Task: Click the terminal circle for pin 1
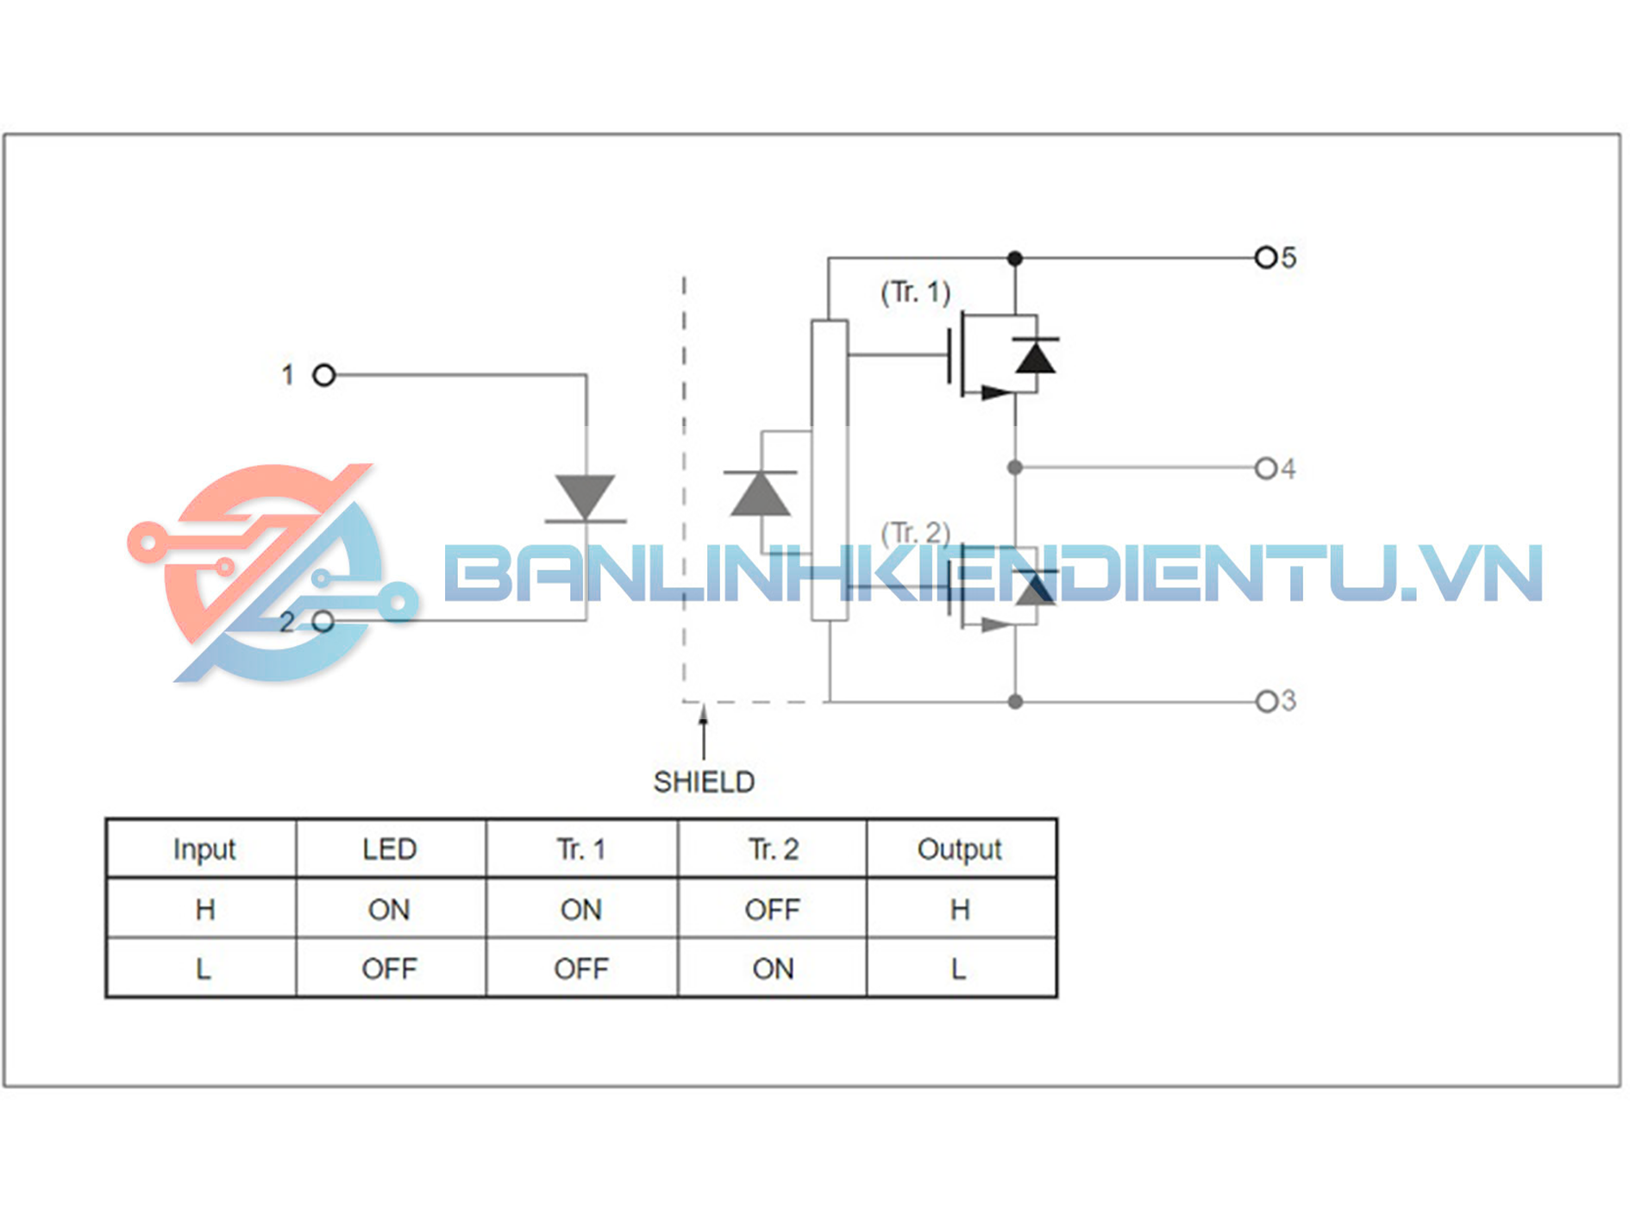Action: tap(323, 375)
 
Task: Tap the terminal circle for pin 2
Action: tap(323, 621)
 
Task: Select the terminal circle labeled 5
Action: tap(1265, 257)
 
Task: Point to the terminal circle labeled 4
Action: tap(1265, 468)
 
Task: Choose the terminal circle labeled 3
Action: tap(1265, 701)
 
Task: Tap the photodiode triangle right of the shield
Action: tap(759, 495)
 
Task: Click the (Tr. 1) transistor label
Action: tap(915, 292)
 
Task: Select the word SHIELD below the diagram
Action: tap(704, 782)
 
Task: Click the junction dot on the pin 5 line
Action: tap(1015, 258)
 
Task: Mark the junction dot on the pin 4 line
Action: tap(1015, 467)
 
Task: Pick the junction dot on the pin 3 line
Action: tap(1015, 702)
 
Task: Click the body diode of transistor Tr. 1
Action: tap(1035, 356)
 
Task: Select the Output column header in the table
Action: tap(960, 849)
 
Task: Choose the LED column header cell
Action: tap(390, 849)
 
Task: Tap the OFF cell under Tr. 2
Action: tap(772, 909)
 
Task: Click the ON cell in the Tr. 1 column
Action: tap(580, 909)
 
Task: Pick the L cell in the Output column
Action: tap(959, 968)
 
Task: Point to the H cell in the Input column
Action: tap(204, 909)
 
